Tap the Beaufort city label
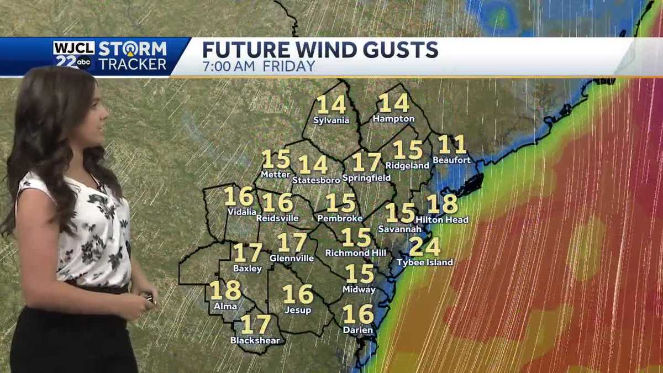pyautogui.click(x=451, y=160)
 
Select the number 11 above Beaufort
pyautogui.click(x=452, y=145)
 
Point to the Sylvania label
pyautogui.click(x=331, y=120)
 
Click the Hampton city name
pyautogui.click(x=393, y=119)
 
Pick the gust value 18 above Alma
pyautogui.click(x=225, y=291)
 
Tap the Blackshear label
pyautogui.click(x=255, y=340)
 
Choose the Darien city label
pyautogui.click(x=358, y=330)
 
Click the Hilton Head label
pyautogui.click(x=442, y=219)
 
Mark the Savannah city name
pyautogui.click(x=399, y=228)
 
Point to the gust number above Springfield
pyautogui.click(x=366, y=162)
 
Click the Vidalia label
pyautogui.click(x=241, y=212)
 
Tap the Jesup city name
pyautogui.click(x=298, y=310)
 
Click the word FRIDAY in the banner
pyautogui.click(x=288, y=66)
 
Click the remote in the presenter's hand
pyautogui.click(x=148, y=297)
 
